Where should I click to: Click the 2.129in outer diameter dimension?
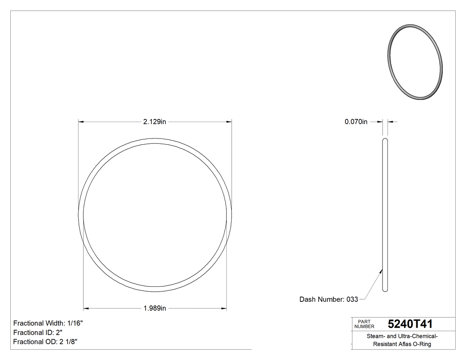point(154,122)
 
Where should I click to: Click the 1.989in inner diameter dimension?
point(154,308)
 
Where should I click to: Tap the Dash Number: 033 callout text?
point(328,299)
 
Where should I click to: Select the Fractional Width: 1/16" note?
point(48,323)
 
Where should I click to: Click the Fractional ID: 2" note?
point(38,332)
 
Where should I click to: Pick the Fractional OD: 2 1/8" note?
point(47,341)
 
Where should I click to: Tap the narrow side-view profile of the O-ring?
point(385,215)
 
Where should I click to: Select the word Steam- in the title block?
point(376,336)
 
